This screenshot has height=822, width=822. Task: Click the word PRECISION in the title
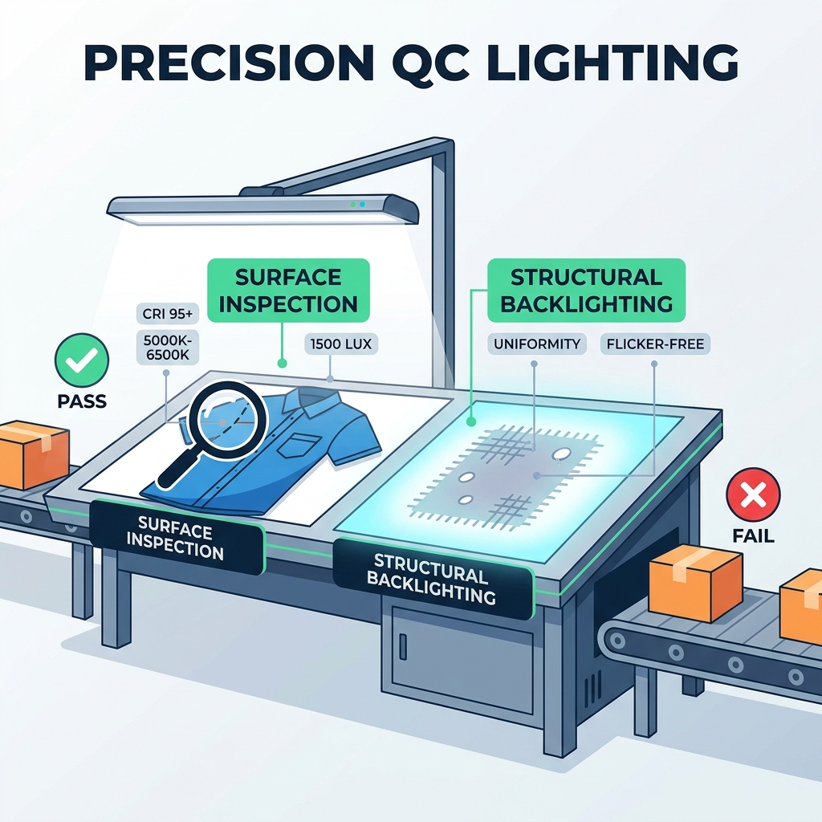point(228,62)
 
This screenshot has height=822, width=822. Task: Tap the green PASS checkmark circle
point(81,360)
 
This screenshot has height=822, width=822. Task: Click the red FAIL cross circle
point(753,494)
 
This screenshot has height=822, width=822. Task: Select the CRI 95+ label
point(167,314)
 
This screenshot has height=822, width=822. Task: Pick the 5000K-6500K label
point(167,347)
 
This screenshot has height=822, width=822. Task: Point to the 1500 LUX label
point(340,344)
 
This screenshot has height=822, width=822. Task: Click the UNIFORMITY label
point(537,344)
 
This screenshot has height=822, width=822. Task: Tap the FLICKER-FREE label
point(655,344)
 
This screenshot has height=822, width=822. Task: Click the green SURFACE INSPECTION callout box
point(288,291)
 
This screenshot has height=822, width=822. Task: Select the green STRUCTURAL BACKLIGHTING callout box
point(586,291)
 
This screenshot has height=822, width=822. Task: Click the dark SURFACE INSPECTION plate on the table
point(176,538)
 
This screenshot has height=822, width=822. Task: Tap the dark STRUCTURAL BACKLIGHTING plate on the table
point(433,578)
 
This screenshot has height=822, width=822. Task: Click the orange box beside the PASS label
point(32,454)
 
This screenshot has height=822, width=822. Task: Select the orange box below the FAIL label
point(695,582)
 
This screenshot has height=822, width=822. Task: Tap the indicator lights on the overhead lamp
point(357,204)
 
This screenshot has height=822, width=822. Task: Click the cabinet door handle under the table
point(403,646)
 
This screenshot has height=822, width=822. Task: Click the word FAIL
point(753,536)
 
